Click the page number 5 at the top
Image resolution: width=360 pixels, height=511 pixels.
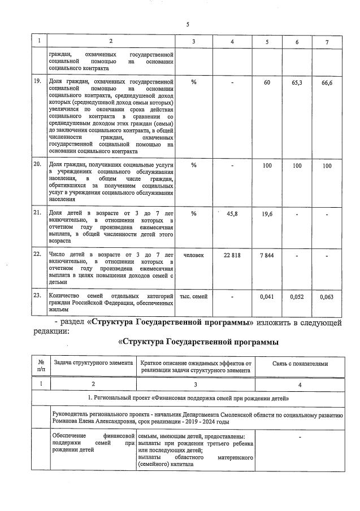coord(187,24)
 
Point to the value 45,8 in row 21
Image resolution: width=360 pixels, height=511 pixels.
coord(232,213)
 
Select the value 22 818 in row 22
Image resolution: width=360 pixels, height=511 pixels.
coord(232,255)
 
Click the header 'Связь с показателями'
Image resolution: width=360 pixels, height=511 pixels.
coord(300,364)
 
